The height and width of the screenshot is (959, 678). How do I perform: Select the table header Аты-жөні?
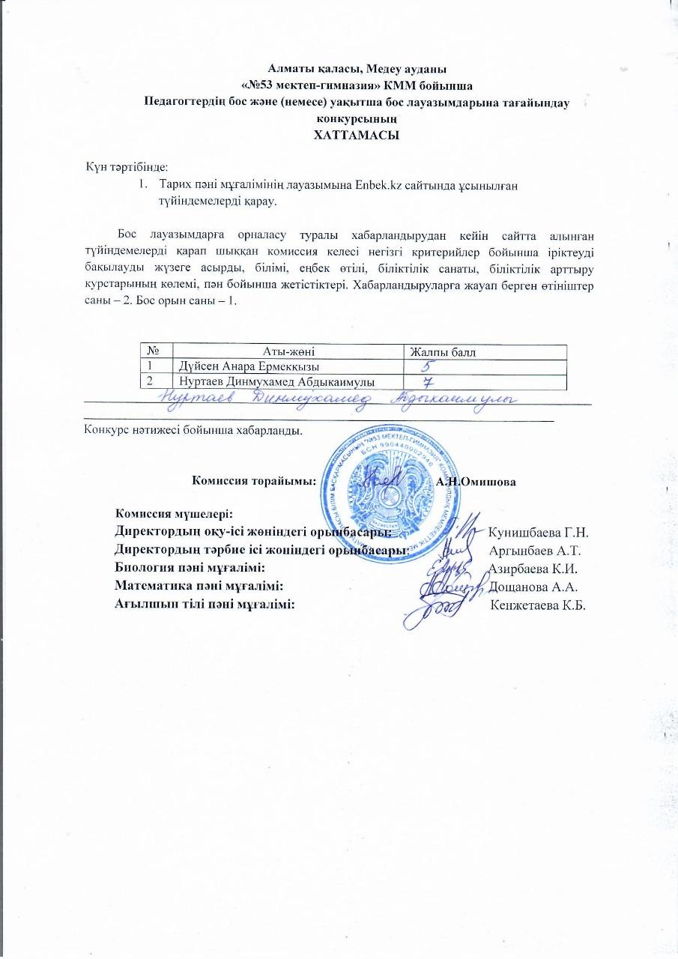pos(288,351)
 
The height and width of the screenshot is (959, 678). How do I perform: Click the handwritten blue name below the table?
pos(342,399)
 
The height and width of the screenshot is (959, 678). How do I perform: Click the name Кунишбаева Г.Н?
pos(537,533)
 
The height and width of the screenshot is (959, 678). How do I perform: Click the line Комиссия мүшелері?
pos(174,514)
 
